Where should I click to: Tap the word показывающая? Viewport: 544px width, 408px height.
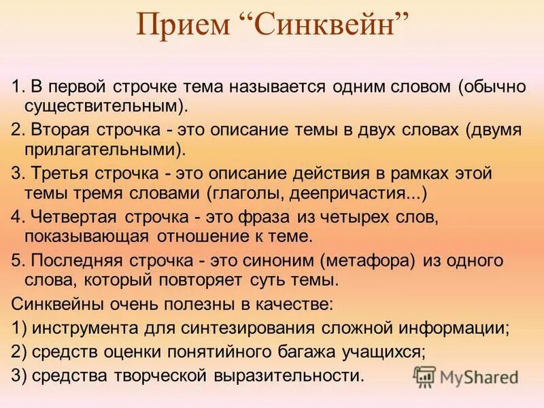[x=88, y=236]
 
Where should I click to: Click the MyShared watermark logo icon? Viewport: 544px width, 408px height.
[x=424, y=375]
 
